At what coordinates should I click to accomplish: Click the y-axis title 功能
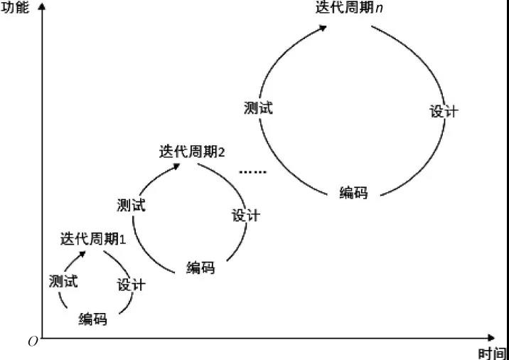tap(15, 7)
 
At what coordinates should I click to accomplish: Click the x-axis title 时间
tap(492, 354)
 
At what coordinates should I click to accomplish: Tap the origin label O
tap(33, 342)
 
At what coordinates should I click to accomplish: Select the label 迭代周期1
tap(92, 240)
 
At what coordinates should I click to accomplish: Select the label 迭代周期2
tap(191, 152)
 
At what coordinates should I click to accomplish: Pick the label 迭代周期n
tap(349, 7)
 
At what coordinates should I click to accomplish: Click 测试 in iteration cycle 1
tap(63, 281)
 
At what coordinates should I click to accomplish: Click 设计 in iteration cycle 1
tap(131, 285)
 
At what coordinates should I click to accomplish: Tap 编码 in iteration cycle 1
tap(93, 319)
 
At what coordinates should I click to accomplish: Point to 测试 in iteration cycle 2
tap(131, 206)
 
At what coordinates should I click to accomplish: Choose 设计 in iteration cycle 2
tap(245, 215)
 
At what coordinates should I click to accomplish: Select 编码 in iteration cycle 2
tap(200, 268)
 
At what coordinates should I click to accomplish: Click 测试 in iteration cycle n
tap(258, 108)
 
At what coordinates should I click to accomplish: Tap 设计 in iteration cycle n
tap(444, 112)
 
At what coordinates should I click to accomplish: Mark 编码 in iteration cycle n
tap(354, 192)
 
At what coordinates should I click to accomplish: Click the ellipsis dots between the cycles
tap(253, 172)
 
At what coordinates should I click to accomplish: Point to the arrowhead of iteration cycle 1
tap(82, 254)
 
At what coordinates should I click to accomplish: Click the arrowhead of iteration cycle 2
tap(176, 166)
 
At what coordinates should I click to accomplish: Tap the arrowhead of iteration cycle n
tap(322, 28)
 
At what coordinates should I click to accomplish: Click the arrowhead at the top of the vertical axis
tap(41, 6)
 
